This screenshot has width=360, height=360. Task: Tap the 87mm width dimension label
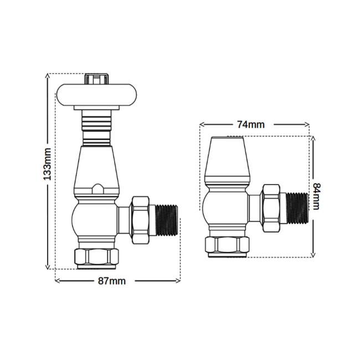tap(111, 281)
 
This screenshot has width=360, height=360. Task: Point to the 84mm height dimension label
tap(316, 196)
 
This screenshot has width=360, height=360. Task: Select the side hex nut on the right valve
tap(271, 207)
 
